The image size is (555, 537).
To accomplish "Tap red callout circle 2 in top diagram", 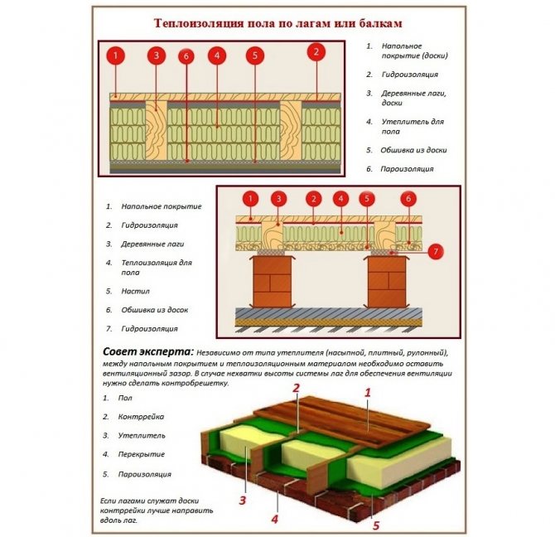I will tap(314, 52).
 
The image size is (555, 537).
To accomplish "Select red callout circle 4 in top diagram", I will tap(216, 56).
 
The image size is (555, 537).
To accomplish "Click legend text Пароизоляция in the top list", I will tap(407, 169).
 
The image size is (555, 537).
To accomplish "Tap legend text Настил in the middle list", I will tap(135, 291).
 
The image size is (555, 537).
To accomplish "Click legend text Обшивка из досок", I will tap(155, 310).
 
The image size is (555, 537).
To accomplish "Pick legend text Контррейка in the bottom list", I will tap(142, 417).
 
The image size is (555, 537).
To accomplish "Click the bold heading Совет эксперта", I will tap(147, 352).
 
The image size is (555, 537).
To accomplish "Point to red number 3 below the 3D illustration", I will tap(243, 500).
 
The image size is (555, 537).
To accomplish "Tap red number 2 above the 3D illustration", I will tap(294, 388).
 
